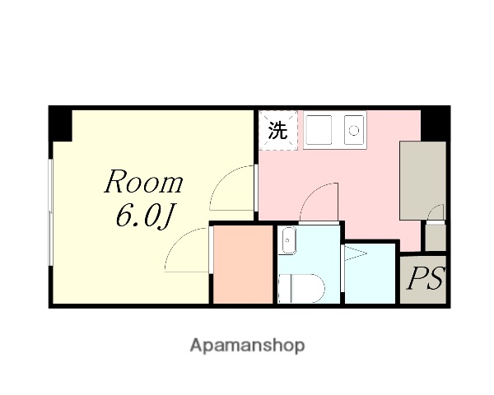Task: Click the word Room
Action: pyautogui.click(x=143, y=182)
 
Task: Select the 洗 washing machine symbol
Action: pyautogui.click(x=279, y=130)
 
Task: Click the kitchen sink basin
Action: pyautogui.click(x=318, y=130)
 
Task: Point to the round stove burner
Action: pyautogui.click(x=355, y=130)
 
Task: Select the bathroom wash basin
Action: pyautogui.click(x=289, y=242)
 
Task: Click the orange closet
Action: pyautogui.click(x=243, y=263)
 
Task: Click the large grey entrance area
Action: pyautogui.click(x=422, y=179)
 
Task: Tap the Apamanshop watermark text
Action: pyautogui.click(x=247, y=345)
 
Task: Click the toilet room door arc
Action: pyautogui.click(x=317, y=202)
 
